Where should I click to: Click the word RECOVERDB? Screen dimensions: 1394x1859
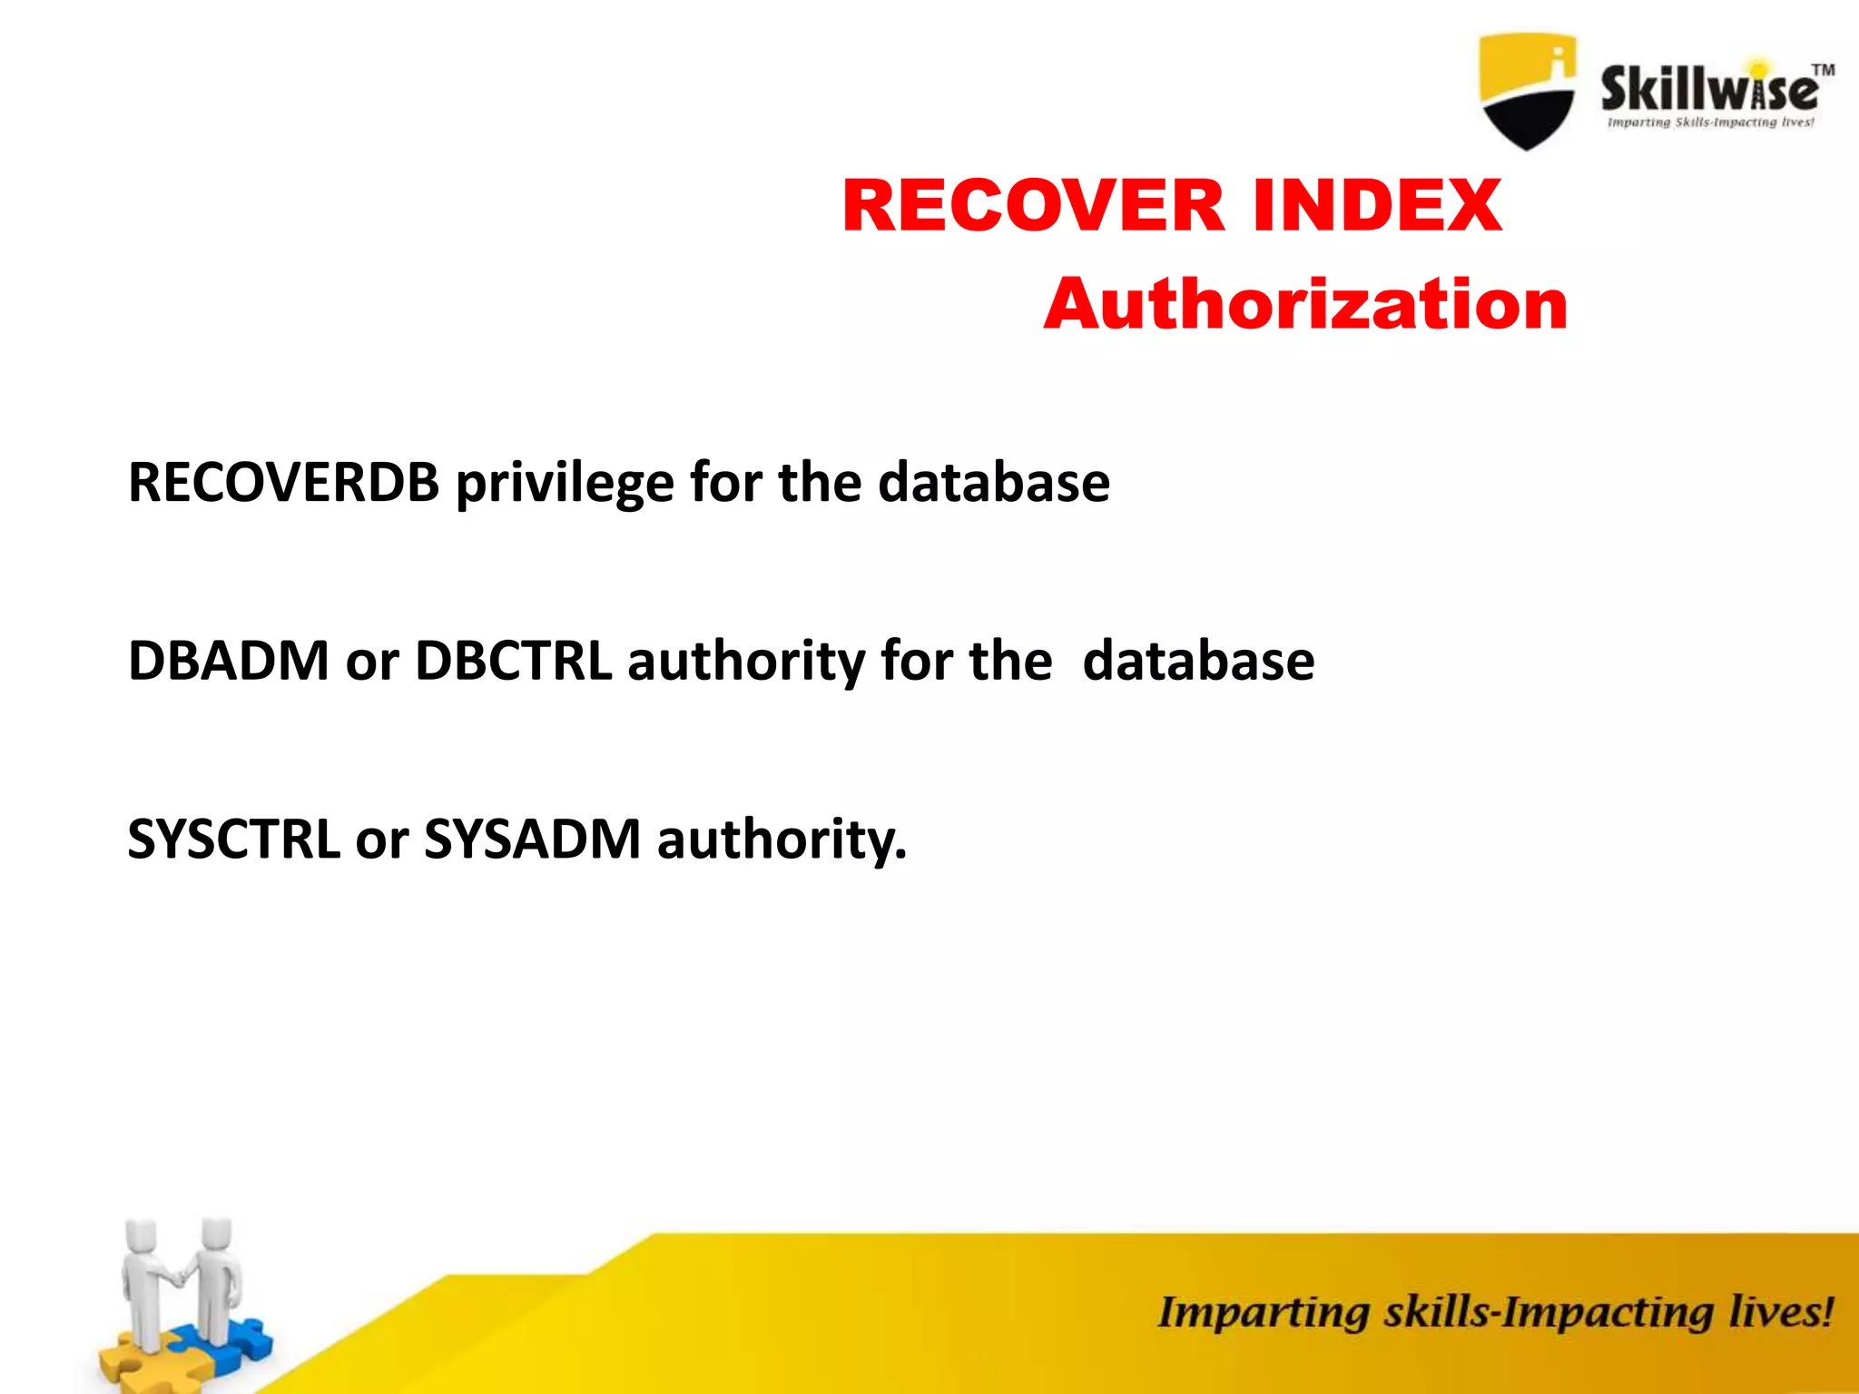283,482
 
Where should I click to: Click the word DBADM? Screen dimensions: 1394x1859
228,661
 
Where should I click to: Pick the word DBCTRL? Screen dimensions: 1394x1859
513,661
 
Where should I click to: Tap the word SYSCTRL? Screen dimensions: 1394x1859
233,839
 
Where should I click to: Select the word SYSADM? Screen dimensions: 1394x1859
533,839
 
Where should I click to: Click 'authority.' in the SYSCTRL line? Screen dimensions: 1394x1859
782,840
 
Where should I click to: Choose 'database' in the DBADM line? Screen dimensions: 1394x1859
1198,661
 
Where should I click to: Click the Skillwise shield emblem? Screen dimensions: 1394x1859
1527,91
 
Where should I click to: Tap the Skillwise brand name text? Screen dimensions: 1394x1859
1708,89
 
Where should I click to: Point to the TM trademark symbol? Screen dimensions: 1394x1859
1823,70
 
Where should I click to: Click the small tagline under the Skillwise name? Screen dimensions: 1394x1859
1710,123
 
